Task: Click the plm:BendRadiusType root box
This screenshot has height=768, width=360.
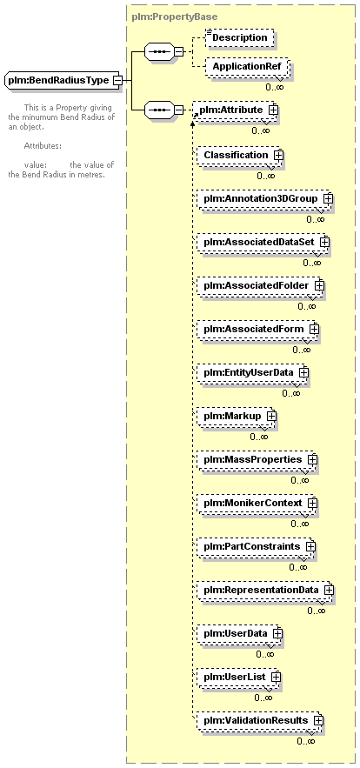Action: point(63,80)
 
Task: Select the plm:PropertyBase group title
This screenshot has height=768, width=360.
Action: point(175,17)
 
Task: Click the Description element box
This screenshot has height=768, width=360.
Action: point(239,37)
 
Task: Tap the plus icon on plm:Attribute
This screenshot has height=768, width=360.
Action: point(273,110)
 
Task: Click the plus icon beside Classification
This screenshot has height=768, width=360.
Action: point(278,155)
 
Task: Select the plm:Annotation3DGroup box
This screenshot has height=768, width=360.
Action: point(264,199)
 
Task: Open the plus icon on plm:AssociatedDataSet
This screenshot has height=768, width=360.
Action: point(324,242)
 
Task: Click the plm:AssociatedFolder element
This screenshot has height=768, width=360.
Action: point(261,285)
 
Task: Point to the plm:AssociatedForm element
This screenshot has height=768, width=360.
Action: point(257,329)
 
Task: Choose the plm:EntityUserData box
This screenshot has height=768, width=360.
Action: point(253,372)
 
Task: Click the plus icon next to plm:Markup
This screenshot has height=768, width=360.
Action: point(271,416)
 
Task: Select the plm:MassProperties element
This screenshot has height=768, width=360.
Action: point(257,460)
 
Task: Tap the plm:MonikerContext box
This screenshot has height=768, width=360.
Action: point(257,504)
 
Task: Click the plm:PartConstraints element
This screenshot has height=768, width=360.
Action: point(256,546)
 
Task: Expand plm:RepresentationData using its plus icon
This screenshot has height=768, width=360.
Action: point(329,591)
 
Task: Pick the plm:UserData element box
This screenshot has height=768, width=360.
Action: point(239,633)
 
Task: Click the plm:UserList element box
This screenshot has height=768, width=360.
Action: point(238,677)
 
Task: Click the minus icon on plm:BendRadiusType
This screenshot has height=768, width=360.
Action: point(117,80)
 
